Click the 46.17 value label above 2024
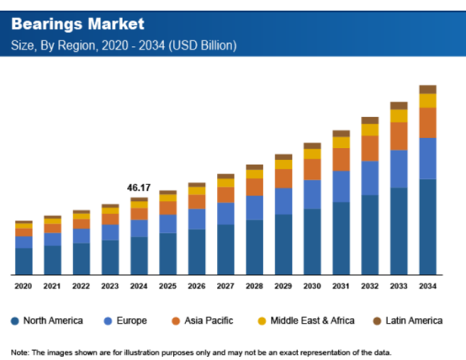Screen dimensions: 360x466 pos(139,188)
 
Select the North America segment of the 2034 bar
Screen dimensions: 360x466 pos(427,226)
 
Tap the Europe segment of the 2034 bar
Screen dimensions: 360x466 pos(427,158)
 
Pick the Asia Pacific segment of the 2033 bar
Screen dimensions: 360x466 pos(399,136)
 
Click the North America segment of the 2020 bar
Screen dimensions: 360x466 pos(24,261)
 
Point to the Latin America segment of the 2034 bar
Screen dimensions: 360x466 pos(427,89)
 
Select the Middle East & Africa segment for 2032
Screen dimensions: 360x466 pos(370,130)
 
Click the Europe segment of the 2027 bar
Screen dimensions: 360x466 pos(225,214)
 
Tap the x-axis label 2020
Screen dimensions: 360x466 pos(24,287)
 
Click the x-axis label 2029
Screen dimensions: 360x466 pos(283,287)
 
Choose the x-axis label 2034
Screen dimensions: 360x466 pos(427,287)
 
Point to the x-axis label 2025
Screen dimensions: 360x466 pos(167,287)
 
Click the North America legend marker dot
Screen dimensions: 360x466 pos(15,321)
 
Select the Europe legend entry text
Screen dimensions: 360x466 pos(133,321)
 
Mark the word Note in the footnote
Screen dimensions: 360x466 pos(19,351)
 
